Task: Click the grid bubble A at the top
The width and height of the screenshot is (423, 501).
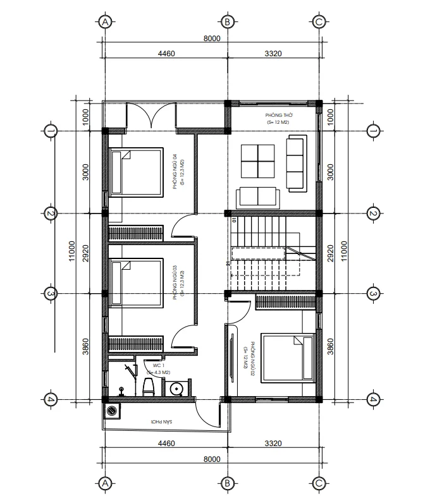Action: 106,21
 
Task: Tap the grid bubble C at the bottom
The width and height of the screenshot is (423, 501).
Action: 319,484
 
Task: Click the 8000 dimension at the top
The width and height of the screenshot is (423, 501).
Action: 212,39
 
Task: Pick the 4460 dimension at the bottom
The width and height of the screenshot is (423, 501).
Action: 166,444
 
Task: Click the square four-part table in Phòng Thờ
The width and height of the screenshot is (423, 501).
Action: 258,160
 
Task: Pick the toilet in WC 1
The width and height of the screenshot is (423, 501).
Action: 149,386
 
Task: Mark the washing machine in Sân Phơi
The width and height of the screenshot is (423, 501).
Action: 113,411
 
